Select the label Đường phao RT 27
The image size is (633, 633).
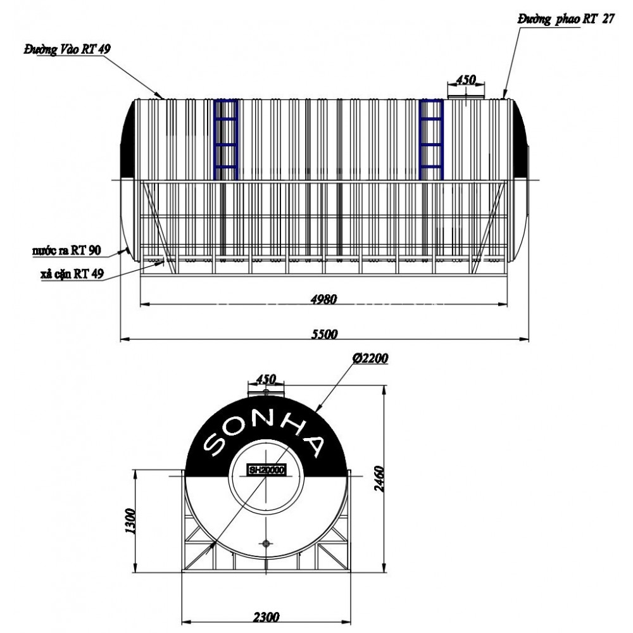point(565,20)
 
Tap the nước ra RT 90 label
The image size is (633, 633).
point(66,250)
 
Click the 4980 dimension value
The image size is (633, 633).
point(323,299)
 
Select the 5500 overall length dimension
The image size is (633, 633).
point(324,334)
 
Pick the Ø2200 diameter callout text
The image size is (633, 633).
point(371,358)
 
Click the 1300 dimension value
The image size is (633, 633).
point(131,521)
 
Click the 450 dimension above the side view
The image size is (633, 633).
point(466,80)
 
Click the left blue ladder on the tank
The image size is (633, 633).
point(226,139)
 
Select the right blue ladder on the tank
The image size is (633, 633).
point(432,139)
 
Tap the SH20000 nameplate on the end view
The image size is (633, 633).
point(266,470)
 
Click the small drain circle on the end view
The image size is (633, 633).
point(266,543)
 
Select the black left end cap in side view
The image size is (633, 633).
point(128,139)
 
